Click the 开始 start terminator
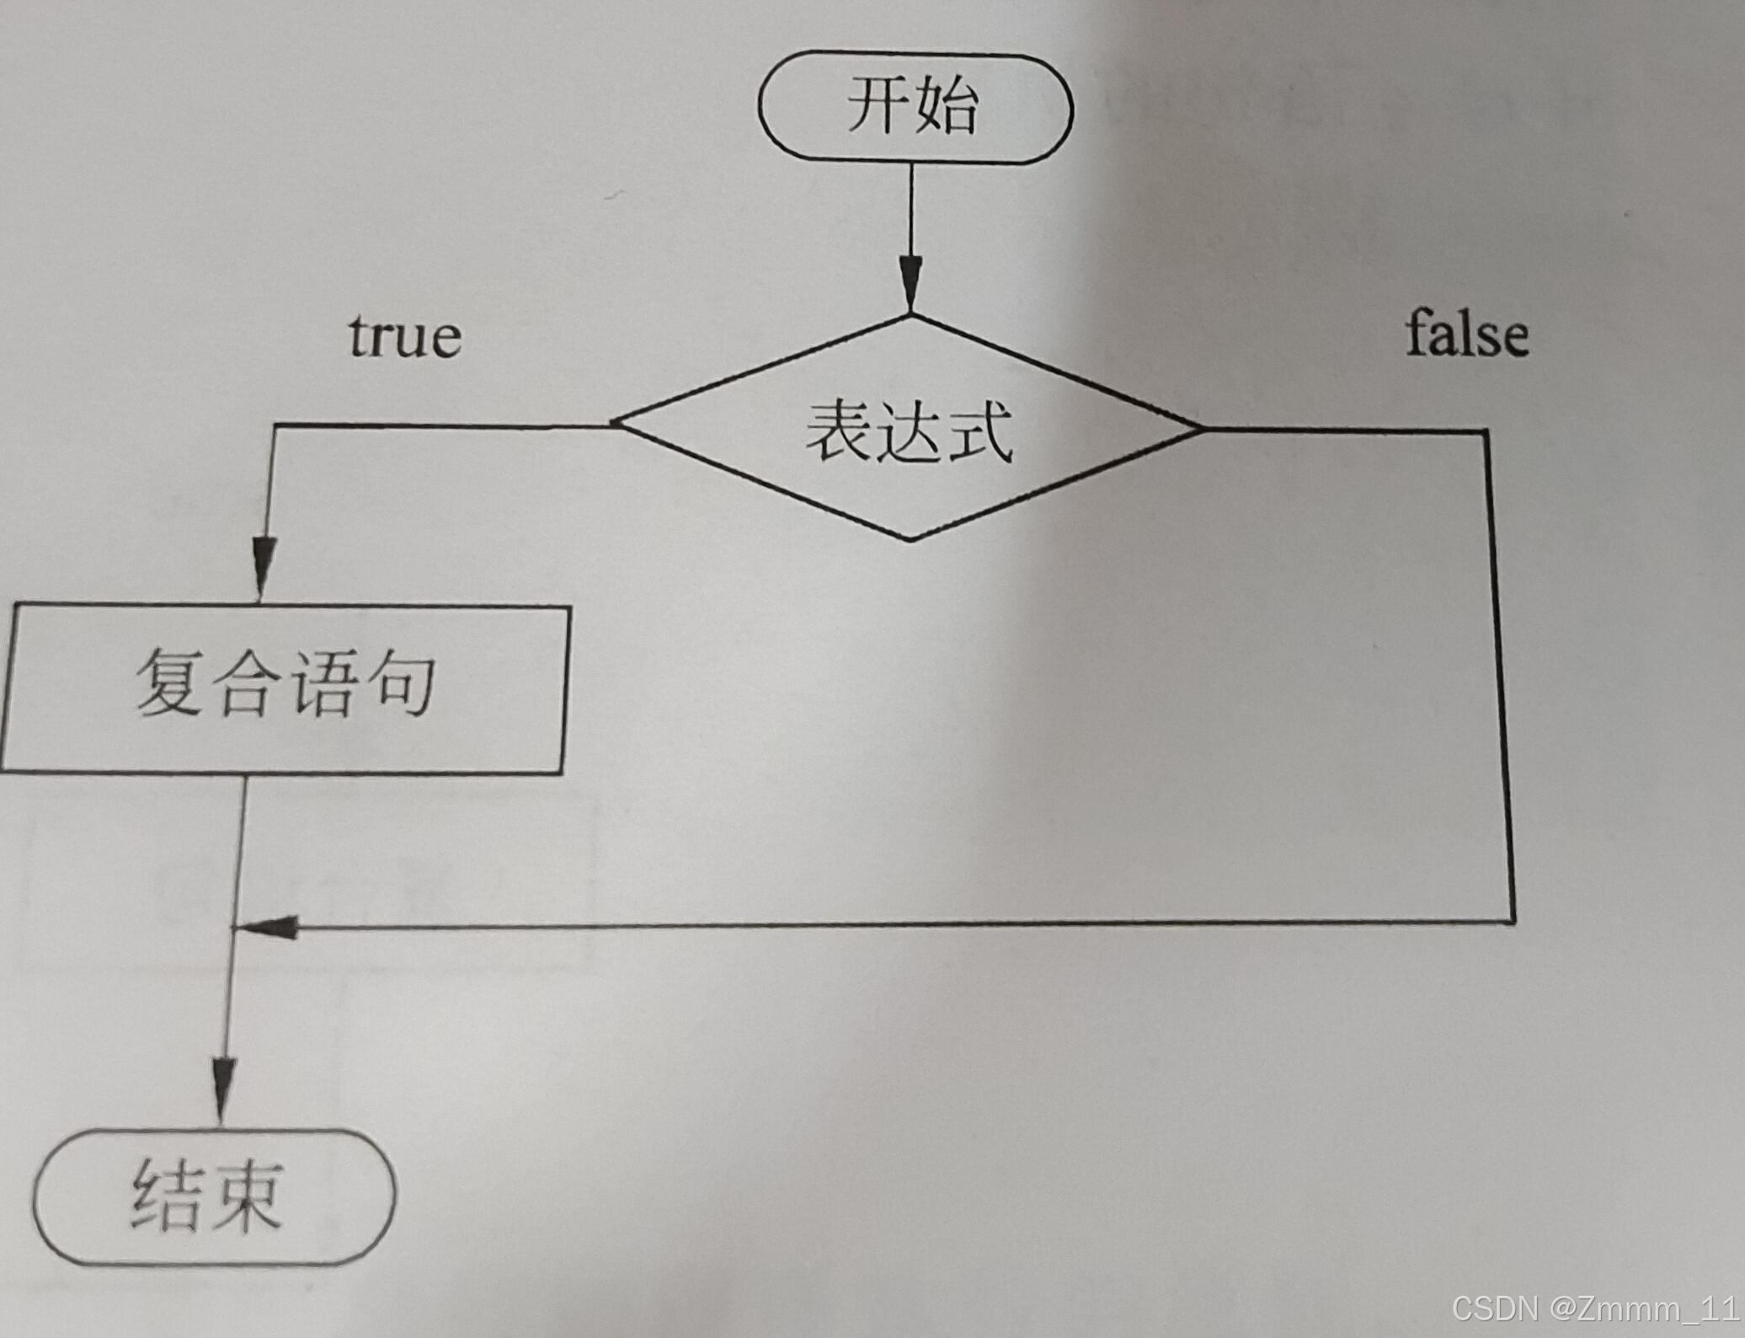click(x=915, y=107)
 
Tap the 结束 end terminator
click(x=214, y=1196)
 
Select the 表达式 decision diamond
click(x=909, y=429)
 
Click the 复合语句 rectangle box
click(x=283, y=687)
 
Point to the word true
click(x=405, y=337)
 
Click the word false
click(x=1466, y=334)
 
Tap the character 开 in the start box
click(x=878, y=105)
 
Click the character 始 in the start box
click(x=947, y=107)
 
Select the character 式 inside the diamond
click(x=979, y=432)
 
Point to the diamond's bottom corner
click(x=910, y=539)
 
